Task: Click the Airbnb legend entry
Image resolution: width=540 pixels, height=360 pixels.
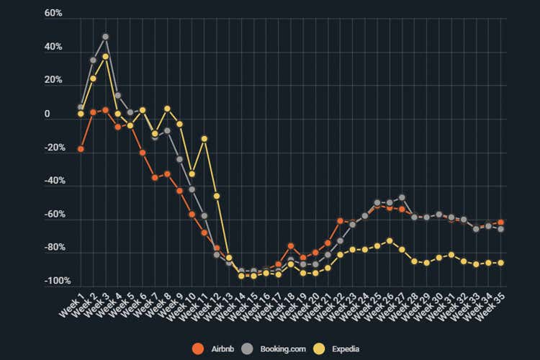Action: point(216,349)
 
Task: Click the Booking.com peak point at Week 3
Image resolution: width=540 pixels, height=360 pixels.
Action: point(105,36)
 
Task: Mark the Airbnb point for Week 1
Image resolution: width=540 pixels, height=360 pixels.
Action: point(81,149)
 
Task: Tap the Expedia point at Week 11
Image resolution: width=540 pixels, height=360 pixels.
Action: point(204,138)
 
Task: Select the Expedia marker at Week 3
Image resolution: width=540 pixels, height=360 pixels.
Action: point(105,56)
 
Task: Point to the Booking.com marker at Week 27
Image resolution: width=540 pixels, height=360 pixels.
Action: point(402,197)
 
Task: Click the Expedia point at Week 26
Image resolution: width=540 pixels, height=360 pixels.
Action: point(390,240)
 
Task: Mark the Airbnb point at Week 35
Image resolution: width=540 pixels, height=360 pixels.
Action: point(500,222)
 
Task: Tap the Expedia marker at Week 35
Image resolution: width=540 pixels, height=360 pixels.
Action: point(500,263)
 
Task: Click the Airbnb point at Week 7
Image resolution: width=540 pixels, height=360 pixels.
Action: point(155,177)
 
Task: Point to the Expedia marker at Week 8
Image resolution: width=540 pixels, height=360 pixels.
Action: point(167,109)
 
